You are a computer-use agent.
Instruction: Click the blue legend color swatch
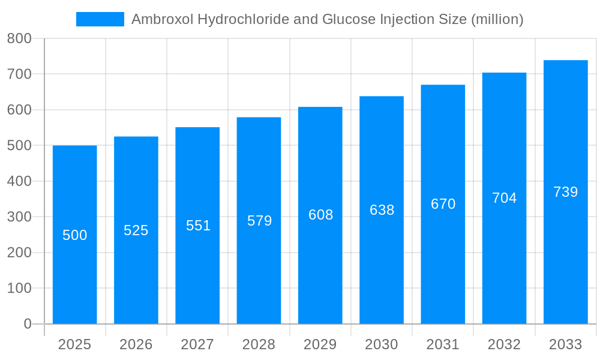click(x=100, y=19)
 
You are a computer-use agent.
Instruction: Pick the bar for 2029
click(x=320, y=270)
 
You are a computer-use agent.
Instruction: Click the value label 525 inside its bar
click(x=136, y=230)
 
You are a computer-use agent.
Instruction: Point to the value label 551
click(x=198, y=226)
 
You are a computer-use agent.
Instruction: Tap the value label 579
click(x=259, y=221)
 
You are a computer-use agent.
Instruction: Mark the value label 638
click(x=382, y=210)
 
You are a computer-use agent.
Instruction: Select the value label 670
click(x=443, y=204)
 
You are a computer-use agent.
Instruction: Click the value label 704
click(x=504, y=198)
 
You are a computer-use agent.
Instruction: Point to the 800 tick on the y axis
click(x=19, y=38)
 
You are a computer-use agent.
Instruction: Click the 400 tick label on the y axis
click(x=19, y=181)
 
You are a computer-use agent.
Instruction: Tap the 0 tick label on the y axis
click(x=28, y=324)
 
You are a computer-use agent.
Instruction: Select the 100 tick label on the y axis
click(x=19, y=288)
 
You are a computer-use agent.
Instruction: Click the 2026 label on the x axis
click(x=136, y=344)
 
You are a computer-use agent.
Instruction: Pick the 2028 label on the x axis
click(x=259, y=344)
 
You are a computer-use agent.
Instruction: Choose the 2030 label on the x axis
click(x=382, y=344)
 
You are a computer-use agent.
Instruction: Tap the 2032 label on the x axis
click(x=504, y=344)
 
